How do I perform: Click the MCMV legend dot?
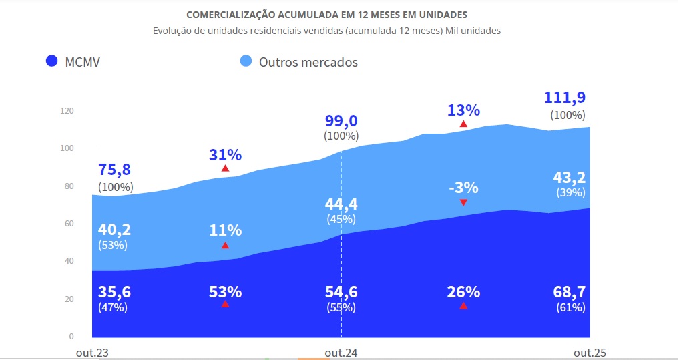[51, 62]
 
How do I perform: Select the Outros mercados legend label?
[308, 62]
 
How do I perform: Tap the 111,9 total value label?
[565, 98]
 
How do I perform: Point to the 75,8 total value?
[114, 169]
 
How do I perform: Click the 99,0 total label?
[341, 120]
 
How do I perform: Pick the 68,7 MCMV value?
[570, 291]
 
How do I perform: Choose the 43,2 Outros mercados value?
[570, 177]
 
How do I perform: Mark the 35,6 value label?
[114, 291]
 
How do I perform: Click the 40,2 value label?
[114, 229]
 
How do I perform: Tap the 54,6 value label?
[341, 291]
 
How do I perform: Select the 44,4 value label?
[341, 203]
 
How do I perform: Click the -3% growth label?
[463, 186]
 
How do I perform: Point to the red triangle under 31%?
[225, 168]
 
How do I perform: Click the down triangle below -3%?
[463, 202]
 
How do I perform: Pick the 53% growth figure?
[225, 291]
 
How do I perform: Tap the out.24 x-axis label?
[341, 353]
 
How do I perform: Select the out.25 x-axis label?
[590, 353]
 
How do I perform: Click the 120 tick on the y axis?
[65, 110]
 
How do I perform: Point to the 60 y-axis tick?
[68, 223]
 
